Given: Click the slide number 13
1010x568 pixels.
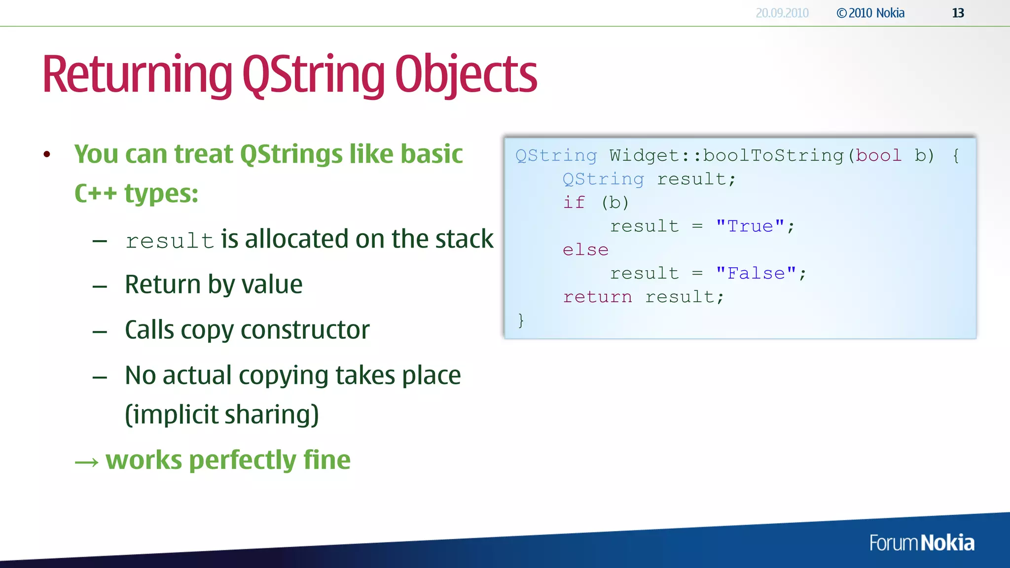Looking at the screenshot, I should (x=958, y=13).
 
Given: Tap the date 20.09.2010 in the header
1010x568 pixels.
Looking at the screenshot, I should (x=782, y=13).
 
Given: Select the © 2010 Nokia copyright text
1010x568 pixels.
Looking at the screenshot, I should (x=870, y=13).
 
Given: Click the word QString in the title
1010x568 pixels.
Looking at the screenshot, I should (x=313, y=75).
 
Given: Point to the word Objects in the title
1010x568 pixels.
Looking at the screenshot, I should (x=466, y=75).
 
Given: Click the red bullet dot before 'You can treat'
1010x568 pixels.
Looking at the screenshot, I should (x=47, y=155).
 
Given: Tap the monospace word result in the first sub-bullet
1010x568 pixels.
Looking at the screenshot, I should (x=170, y=241).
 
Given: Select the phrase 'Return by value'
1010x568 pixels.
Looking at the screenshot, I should (x=214, y=284).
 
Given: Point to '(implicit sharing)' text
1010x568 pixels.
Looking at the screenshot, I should (x=222, y=415).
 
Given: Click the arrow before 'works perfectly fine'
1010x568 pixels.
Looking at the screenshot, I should (x=87, y=462).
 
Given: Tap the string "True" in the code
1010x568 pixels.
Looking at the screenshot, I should (x=750, y=226).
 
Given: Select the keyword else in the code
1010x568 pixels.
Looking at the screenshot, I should (x=585, y=250).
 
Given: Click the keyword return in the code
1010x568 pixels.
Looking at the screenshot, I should (x=597, y=297).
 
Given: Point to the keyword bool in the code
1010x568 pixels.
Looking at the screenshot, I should (x=878, y=156).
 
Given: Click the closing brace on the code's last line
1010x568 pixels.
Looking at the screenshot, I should (x=521, y=320).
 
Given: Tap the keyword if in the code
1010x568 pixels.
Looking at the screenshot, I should (x=574, y=203).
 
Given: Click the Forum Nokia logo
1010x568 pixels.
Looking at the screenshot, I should (x=921, y=543).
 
